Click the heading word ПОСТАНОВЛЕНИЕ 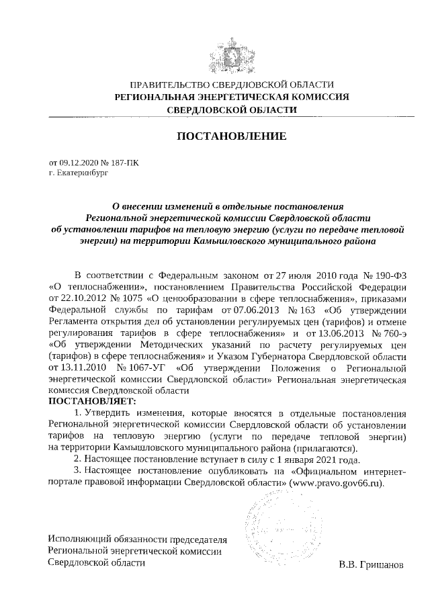tap(231, 136)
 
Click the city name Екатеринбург tap(82, 173)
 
